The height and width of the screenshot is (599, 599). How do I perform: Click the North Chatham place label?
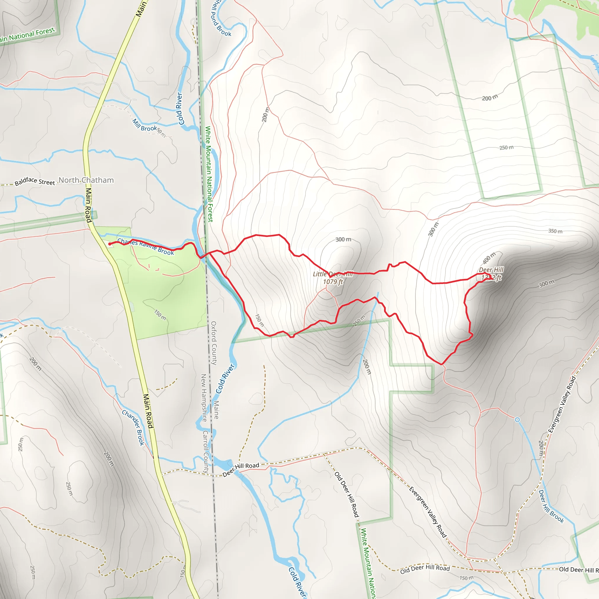coord(86,180)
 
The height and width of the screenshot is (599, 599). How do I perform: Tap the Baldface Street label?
coord(35,181)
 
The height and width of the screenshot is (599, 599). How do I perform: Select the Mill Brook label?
coord(144,125)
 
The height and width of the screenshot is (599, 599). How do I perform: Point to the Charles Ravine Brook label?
coord(146,247)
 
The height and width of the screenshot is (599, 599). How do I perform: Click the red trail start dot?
coord(110,244)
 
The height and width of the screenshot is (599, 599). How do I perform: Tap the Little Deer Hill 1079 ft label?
coord(333,278)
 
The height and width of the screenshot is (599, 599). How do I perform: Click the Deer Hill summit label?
coord(491,273)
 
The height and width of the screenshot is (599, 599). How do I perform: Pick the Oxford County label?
coord(214,343)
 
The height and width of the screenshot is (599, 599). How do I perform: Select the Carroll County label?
coord(206,451)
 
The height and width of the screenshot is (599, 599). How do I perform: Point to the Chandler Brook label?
coord(133,428)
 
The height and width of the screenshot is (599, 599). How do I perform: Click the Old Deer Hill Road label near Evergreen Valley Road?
coord(425,569)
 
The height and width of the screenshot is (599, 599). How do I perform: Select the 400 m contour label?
coord(489,258)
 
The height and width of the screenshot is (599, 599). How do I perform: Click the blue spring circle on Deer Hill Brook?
coord(517,420)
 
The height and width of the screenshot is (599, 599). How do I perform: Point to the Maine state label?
coord(216,409)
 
